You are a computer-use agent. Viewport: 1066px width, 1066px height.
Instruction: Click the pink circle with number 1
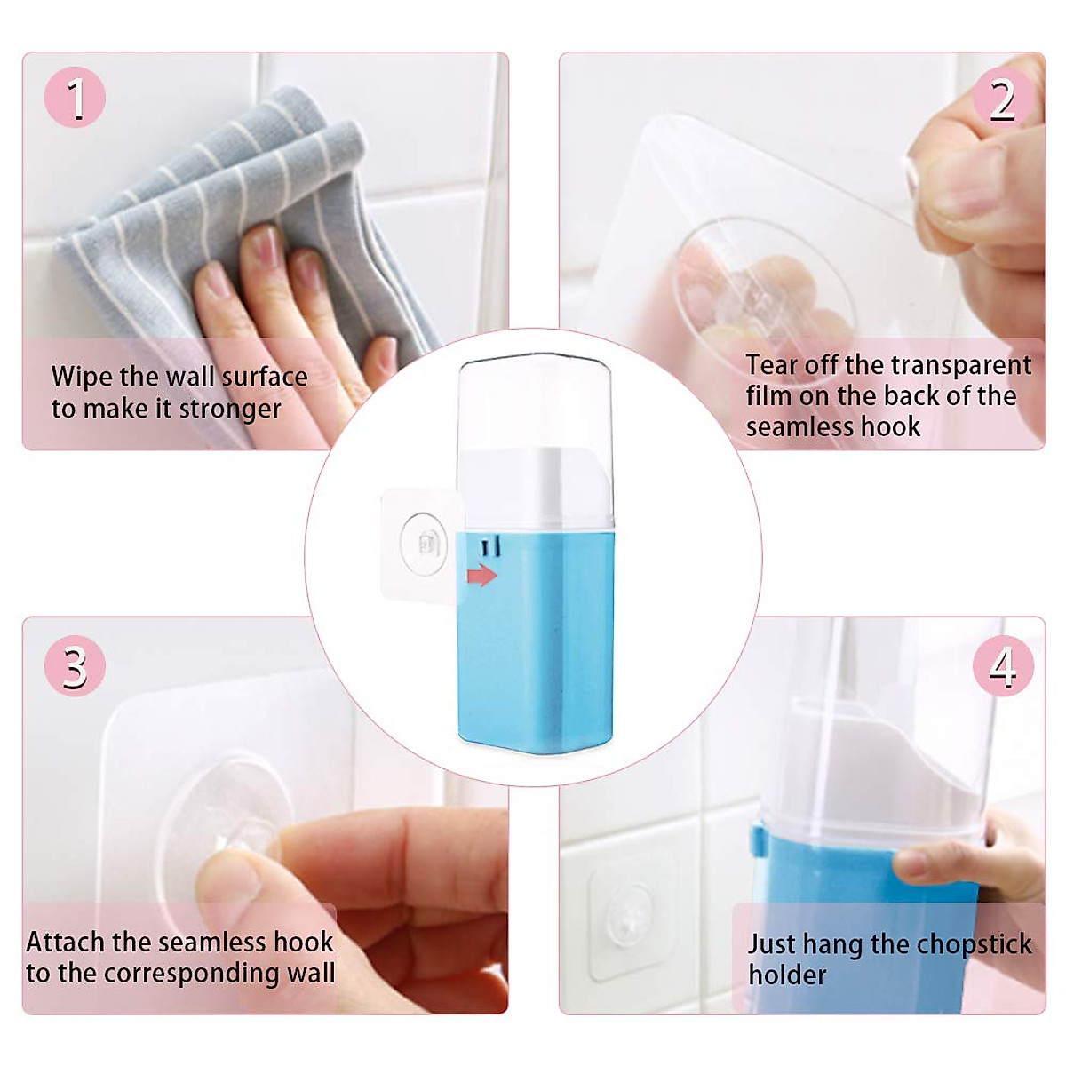pos(75,98)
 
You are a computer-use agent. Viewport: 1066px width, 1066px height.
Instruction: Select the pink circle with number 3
pos(75,666)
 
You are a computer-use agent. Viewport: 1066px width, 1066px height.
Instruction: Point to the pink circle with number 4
pos(1003,666)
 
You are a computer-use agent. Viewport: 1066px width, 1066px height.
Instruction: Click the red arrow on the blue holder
pos(481,576)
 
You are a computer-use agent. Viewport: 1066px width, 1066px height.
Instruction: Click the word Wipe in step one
pos(82,377)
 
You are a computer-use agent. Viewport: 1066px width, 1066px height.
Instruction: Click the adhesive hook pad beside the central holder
pos(422,544)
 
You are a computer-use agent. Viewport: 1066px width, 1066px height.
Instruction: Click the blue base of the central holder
pos(537,657)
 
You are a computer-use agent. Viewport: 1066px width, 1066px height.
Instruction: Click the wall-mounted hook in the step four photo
pos(628,921)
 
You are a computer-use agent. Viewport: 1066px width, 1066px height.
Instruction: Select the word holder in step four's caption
pos(787,975)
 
